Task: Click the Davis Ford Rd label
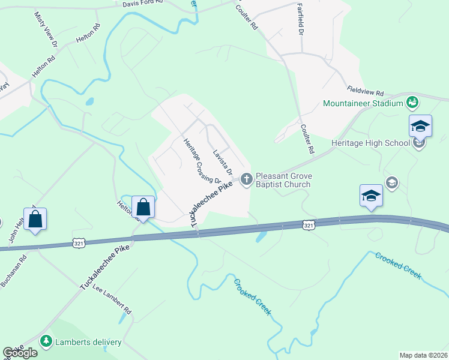click(140, 3)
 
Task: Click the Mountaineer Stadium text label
click(363, 103)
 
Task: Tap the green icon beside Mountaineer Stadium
click(412, 103)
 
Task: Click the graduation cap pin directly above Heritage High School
click(420, 126)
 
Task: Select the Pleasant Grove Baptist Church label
click(283, 181)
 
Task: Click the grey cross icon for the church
click(246, 178)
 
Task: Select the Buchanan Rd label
click(13, 272)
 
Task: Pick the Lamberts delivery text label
click(89, 343)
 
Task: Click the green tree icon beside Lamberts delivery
click(46, 341)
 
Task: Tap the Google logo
click(20, 353)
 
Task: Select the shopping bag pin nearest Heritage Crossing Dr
click(143, 207)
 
